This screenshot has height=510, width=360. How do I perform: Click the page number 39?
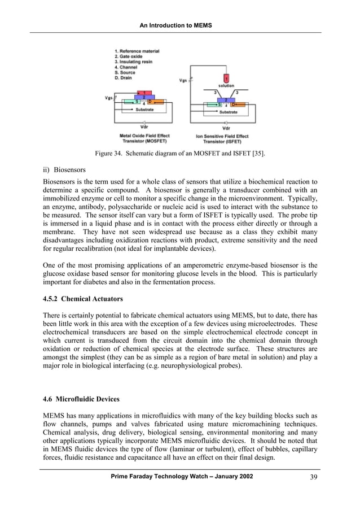coord(313,477)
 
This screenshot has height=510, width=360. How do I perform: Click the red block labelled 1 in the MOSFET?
coord(143,92)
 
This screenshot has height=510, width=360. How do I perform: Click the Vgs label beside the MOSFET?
coord(108,98)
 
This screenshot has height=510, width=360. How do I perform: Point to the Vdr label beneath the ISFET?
coord(226,128)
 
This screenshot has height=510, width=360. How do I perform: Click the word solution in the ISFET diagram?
coord(226,85)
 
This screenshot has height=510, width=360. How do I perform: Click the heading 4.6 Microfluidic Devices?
coord(81,399)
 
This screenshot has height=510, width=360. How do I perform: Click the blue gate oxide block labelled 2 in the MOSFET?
coord(143,98)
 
